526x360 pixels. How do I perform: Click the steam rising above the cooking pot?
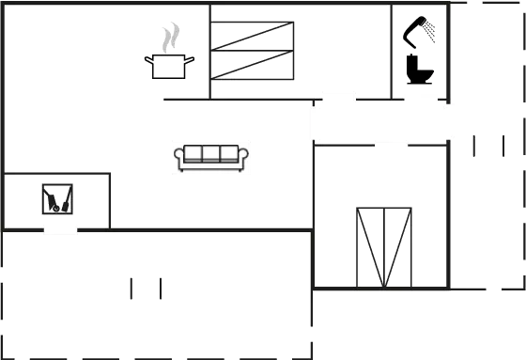[x=169, y=39]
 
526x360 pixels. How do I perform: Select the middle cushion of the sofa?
[x=211, y=154]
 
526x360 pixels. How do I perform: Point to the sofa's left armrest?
[x=180, y=157]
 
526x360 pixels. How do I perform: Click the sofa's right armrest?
[x=243, y=157]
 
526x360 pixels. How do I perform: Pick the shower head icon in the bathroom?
[x=421, y=31]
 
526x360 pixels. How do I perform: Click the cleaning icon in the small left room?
[x=57, y=198]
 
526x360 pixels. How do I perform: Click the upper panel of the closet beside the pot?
[x=252, y=36]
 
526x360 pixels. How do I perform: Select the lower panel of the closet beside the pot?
[x=252, y=65]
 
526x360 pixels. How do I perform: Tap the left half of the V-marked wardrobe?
[x=371, y=247]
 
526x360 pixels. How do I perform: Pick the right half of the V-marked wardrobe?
[x=398, y=247]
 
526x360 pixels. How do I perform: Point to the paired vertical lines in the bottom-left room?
[x=146, y=288]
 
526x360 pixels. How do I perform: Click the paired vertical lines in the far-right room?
[x=489, y=146]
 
